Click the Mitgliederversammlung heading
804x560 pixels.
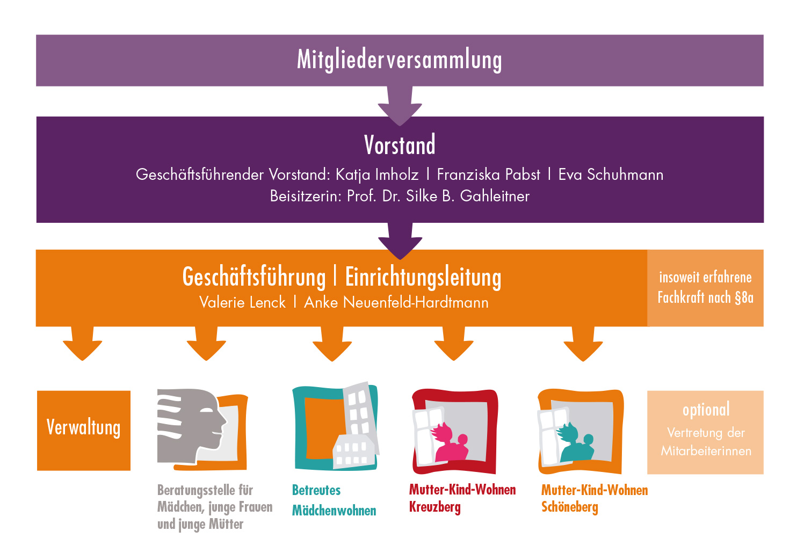pyautogui.click(x=400, y=60)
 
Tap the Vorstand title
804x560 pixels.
pyautogui.click(x=400, y=145)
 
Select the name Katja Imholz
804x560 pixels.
pyautogui.click(x=376, y=174)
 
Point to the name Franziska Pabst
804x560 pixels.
pyautogui.click(x=488, y=174)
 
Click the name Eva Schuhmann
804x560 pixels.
pyautogui.click(x=611, y=174)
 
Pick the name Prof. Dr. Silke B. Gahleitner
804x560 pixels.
pyautogui.click(x=438, y=196)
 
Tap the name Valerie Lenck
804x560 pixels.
pyautogui.click(x=242, y=302)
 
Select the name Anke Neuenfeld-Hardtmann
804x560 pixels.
pyautogui.click(x=396, y=302)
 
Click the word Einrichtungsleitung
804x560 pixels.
pyautogui.click(x=423, y=278)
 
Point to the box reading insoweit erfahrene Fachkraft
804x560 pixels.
pyautogui.click(x=705, y=288)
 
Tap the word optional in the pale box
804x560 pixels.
pyautogui.click(x=706, y=410)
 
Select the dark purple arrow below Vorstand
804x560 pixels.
pyautogui.click(x=400, y=239)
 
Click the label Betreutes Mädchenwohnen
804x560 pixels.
pyautogui.click(x=334, y=500)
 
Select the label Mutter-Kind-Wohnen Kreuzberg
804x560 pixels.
pyautogui.click(x=462, y=498)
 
